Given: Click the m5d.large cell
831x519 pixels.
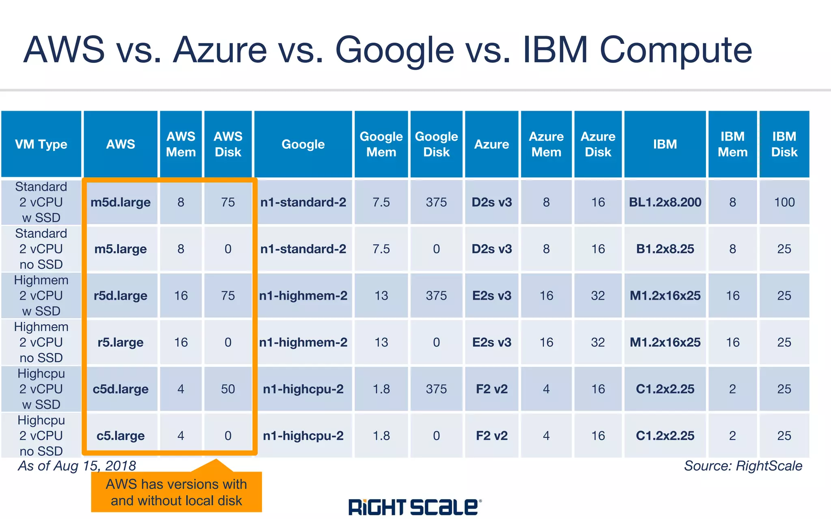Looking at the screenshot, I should [x=121, y=202].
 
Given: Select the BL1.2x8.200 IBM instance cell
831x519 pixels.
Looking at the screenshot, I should [x=665, y=202].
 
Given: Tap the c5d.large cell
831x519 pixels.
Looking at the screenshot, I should [x=121, y=389].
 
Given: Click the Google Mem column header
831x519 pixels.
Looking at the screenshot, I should [x=381, y=144].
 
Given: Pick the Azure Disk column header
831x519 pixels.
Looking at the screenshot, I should [x=598, y=144].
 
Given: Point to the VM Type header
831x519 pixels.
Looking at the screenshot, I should [x=41, y=144].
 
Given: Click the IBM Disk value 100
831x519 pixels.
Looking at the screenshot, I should [x=784, y=202].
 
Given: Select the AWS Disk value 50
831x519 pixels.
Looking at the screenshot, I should [x=228, y=389].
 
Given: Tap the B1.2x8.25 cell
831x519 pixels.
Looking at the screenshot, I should [x=665, y=249].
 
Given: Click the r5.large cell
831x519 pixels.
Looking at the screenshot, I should [x=121, y=342].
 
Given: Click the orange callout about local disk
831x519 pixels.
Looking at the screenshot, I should [x=177, y=492].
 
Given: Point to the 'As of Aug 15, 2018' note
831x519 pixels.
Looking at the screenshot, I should [x=77, y=466].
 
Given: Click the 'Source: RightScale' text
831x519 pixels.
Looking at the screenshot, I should [x=743, y=466].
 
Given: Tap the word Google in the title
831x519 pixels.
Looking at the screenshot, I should [x=394, y=50].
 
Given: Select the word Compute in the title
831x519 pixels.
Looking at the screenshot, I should [x=676, y=50].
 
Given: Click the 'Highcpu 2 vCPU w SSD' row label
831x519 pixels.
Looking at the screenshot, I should [x=41, y=389].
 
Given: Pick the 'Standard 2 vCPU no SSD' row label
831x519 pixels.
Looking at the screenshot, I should [x=41, y=249].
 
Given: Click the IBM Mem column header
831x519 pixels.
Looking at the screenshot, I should [x=732, y=144].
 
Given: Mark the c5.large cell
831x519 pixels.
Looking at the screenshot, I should [x=121, y=435].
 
